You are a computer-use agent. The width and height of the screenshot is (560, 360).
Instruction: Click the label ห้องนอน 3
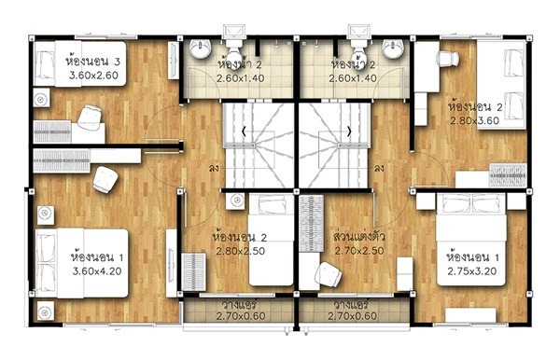(x=92, y=62)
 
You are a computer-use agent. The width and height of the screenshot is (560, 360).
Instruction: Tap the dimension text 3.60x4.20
(x=97, y=271)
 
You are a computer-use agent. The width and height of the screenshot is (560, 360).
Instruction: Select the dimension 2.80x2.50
(x=241, y=251)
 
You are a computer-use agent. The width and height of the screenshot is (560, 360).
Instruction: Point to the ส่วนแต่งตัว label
(x=359, y=237)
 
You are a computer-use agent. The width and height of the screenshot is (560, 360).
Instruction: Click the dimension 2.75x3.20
(x=471, y=271)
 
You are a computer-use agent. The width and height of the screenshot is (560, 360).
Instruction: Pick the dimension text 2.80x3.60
(x=474, y=120)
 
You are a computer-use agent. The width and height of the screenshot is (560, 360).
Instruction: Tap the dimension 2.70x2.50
(x=359, y=251)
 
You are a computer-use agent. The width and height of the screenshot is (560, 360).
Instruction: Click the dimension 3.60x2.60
(x=93, y=76)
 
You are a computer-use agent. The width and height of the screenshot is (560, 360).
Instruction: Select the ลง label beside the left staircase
(x=214, y=168)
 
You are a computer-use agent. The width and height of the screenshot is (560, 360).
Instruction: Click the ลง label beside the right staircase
(x=379, y=168)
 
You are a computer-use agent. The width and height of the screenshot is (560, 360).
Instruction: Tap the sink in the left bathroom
(x=200, y=48)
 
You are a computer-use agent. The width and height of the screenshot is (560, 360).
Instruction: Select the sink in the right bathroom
(x=393, y=48)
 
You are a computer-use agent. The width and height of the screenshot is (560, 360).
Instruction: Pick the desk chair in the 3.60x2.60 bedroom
(x=90, y=117)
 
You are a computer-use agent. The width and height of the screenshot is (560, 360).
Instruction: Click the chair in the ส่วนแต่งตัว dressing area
(x=329, y=274)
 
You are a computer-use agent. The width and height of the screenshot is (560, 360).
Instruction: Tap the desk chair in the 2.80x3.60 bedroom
(x=447, y=59)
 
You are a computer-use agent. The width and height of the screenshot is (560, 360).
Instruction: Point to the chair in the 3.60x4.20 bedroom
(x=105, y=179)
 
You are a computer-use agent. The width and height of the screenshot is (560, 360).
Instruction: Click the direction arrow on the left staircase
(x=244, y=132)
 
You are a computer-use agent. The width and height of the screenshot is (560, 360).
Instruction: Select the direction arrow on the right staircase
(x=349, y=132)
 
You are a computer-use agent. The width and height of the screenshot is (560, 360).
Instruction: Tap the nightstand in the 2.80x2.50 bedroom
(x=235, y=201)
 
